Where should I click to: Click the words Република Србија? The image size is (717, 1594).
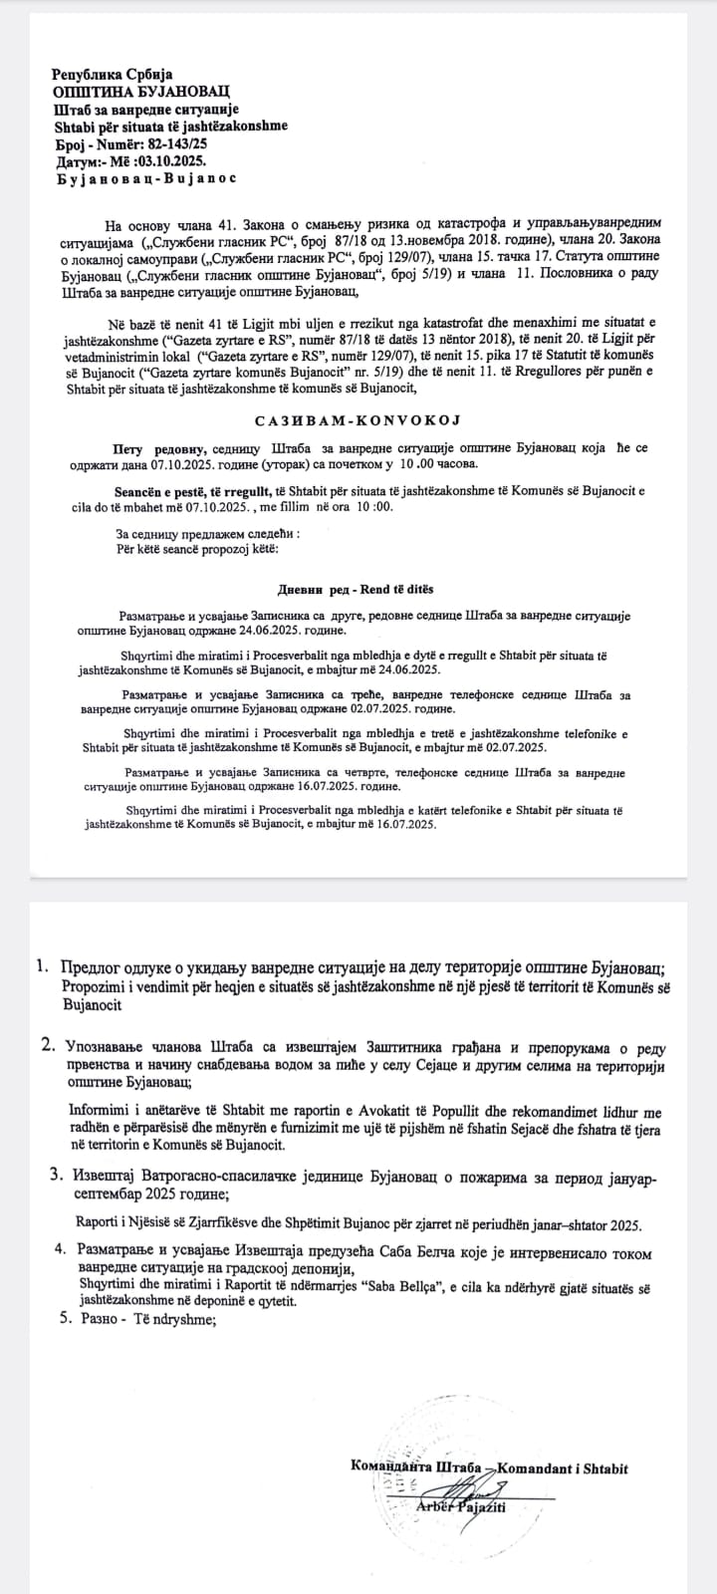click(113, 74)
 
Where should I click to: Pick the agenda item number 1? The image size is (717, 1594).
click(41, 965)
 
